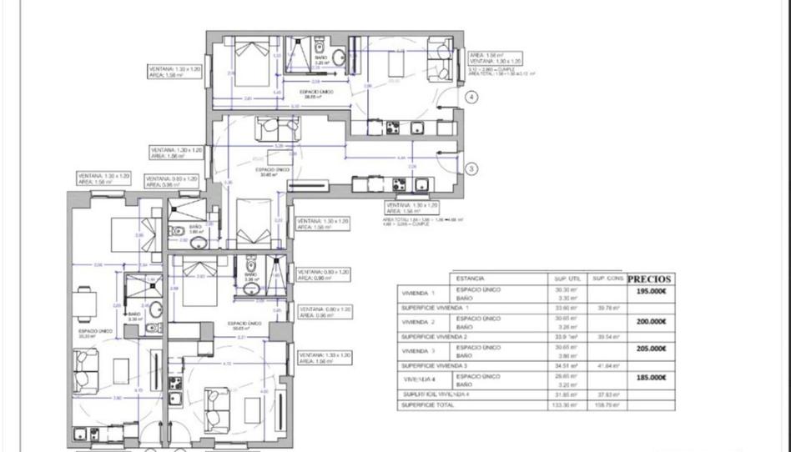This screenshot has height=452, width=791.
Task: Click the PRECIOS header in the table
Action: [649, 279]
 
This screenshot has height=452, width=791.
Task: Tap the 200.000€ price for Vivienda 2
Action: [652, 321]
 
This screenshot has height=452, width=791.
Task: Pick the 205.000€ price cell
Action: [652, 349]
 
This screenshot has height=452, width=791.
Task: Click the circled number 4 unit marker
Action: [471, 98]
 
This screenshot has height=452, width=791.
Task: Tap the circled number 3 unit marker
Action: [471, 168]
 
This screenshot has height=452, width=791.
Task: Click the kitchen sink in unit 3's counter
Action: [421, 185]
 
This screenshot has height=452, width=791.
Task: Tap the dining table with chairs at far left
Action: [83, 305]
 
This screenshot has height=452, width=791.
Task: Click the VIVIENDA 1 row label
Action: [419, 294]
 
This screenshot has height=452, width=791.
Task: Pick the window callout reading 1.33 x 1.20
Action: [324, 358]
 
